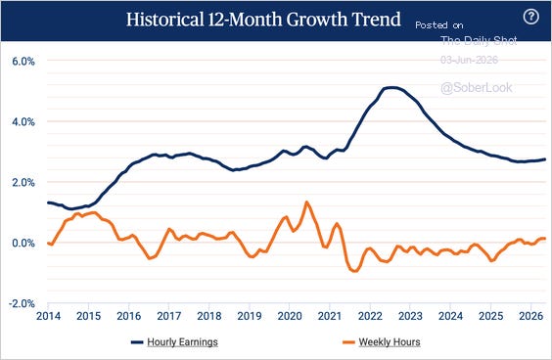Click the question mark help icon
click(x=530, y=17)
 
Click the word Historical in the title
click(x=164, y=19)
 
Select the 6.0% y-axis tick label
click(x=23, y=62)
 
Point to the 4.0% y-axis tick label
click(x=23, y=122)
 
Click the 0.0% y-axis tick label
click(x=23, y=243)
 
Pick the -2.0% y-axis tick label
click(x=22, y=303)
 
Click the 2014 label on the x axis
click(x=48, y=316)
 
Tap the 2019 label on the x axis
click(x=250, y=316)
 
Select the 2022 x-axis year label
click(x=370, y=316)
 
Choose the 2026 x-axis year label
click(x=530, y=316)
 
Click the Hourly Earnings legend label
click(x=182, y=342)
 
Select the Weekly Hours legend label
click(x=390, y=342)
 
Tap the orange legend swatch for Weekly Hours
click(x=348, y=342)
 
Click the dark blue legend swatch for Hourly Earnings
click(x=137, y=342)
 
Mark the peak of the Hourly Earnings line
click(x=391, y=88)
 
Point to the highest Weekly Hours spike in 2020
click(x=306, y=202)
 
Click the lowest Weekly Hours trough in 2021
click(x=354, y=271)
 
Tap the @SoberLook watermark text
click(x=477, y=88)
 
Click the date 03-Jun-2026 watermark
click(x=469, y=60)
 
